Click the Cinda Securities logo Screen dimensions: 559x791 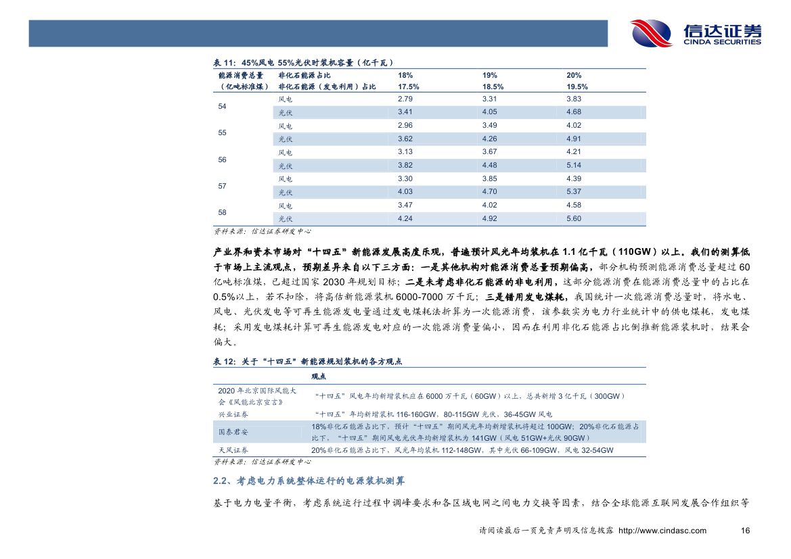click(x=696, y=33)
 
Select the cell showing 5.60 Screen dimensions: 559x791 click(x=574, y=218)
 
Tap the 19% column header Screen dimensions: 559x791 click(x=490, y=75)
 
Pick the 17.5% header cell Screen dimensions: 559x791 click(x=409, y=87)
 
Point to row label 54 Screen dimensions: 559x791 click(x=223, y=106)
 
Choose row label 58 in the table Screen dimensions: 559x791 click(x=223, y=212)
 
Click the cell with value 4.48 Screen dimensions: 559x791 click(x=490, y=166)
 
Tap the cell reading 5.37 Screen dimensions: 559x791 click(x=574, y=192)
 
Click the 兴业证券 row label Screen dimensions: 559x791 click(x=233, y=414)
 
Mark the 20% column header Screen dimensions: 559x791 click(x=574, y=75)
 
